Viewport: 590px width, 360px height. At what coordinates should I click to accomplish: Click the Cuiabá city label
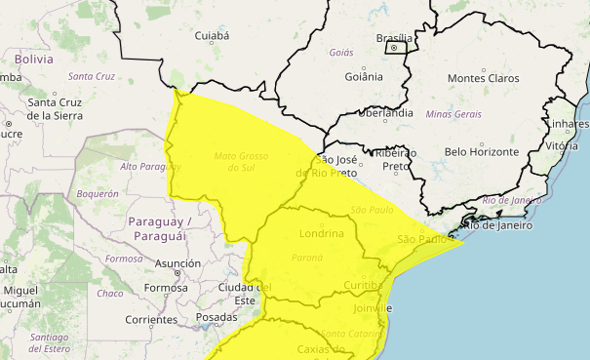coord(212,36)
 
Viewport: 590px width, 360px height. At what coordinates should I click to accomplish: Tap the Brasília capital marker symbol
coord(394,47)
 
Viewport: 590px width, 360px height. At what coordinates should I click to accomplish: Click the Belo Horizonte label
coord(481,151)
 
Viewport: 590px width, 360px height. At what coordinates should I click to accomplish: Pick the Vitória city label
coord(563,145)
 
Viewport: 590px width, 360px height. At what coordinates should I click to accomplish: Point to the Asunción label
coord(177,263)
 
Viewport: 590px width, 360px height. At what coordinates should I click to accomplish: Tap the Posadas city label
coord(216,317)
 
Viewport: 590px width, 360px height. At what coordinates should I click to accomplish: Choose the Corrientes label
coord(151,320)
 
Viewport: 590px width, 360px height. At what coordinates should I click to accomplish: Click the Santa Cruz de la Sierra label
coord(55,108)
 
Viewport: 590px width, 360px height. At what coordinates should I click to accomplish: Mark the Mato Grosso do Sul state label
coord(240,161)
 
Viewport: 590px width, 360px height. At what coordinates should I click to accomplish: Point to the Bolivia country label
coord(33,59)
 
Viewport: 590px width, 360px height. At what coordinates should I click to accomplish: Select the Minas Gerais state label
coord(452,115)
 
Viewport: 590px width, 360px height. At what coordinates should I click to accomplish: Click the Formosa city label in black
coord(164,289)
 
